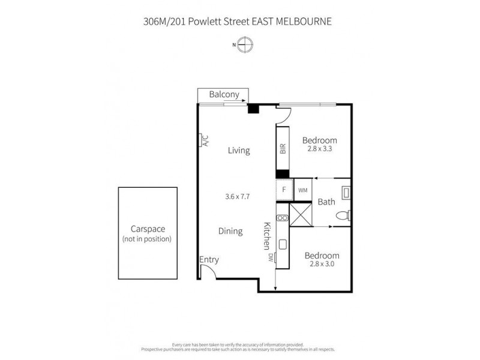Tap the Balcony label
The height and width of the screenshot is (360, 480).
click(224, 94)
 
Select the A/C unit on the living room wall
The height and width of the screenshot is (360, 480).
click(203, 140)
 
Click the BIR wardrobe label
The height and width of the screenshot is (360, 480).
click(282, 149)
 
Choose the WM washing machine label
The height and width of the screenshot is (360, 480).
click(302, 190)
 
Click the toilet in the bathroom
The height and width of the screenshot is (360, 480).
click(344, 216)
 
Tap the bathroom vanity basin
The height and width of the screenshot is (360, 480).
click(346, 193)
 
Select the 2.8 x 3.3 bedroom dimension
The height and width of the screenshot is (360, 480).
click(319, 149)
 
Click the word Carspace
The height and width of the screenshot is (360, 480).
click(148, 229)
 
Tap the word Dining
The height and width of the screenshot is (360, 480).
click(230, 231)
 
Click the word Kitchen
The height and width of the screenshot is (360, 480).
click(267, 236)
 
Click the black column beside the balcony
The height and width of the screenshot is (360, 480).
click(253, 109)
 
